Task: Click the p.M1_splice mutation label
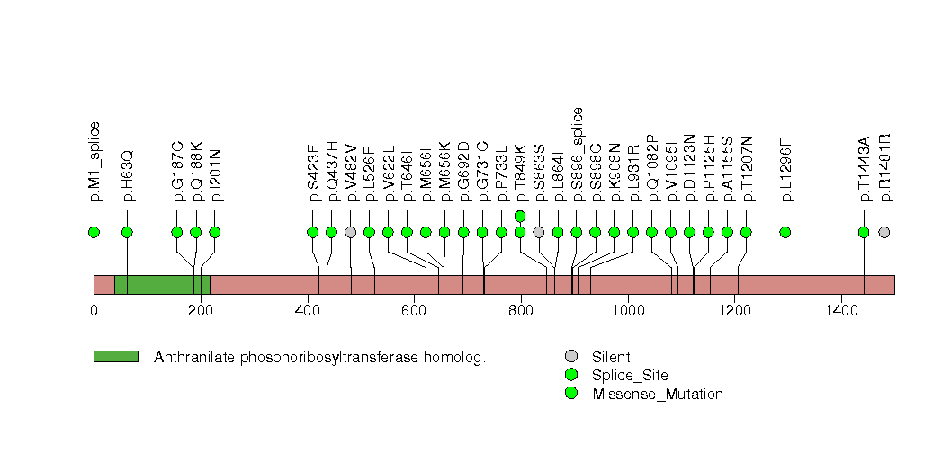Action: pos(94,160)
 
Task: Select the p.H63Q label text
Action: pos(128,174)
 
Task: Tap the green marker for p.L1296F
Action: pos(785,232)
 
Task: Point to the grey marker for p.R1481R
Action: pos(884,232)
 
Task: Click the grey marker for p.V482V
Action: pos(350,232)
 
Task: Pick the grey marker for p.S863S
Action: pos(538,232)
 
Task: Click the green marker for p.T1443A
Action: pos(864,232)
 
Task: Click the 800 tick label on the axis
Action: pos(521,311)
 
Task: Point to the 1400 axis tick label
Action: pos(841,311)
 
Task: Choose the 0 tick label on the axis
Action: pos(94,311)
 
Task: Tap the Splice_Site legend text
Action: pos(630,375)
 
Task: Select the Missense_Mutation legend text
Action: pos(657,394)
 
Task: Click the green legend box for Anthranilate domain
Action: pos(115,357)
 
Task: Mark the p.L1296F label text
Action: pos(786,169)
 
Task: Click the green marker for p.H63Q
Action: pos(127,232)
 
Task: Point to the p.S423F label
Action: pos(313,172)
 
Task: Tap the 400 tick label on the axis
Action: pos(307,311)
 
